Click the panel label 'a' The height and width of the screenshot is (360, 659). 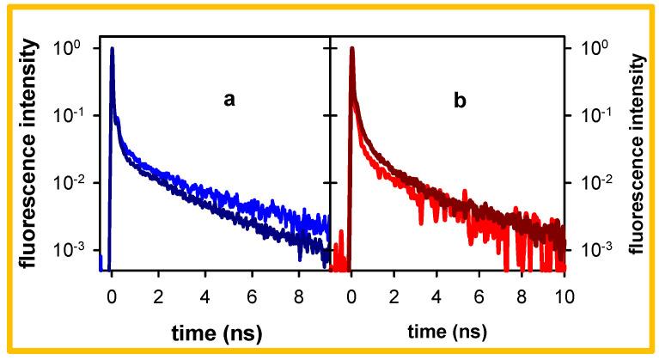coord(229,100)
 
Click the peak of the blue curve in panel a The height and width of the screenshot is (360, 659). coord(113,49)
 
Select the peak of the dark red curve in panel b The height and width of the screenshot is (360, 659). coord(351,49)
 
